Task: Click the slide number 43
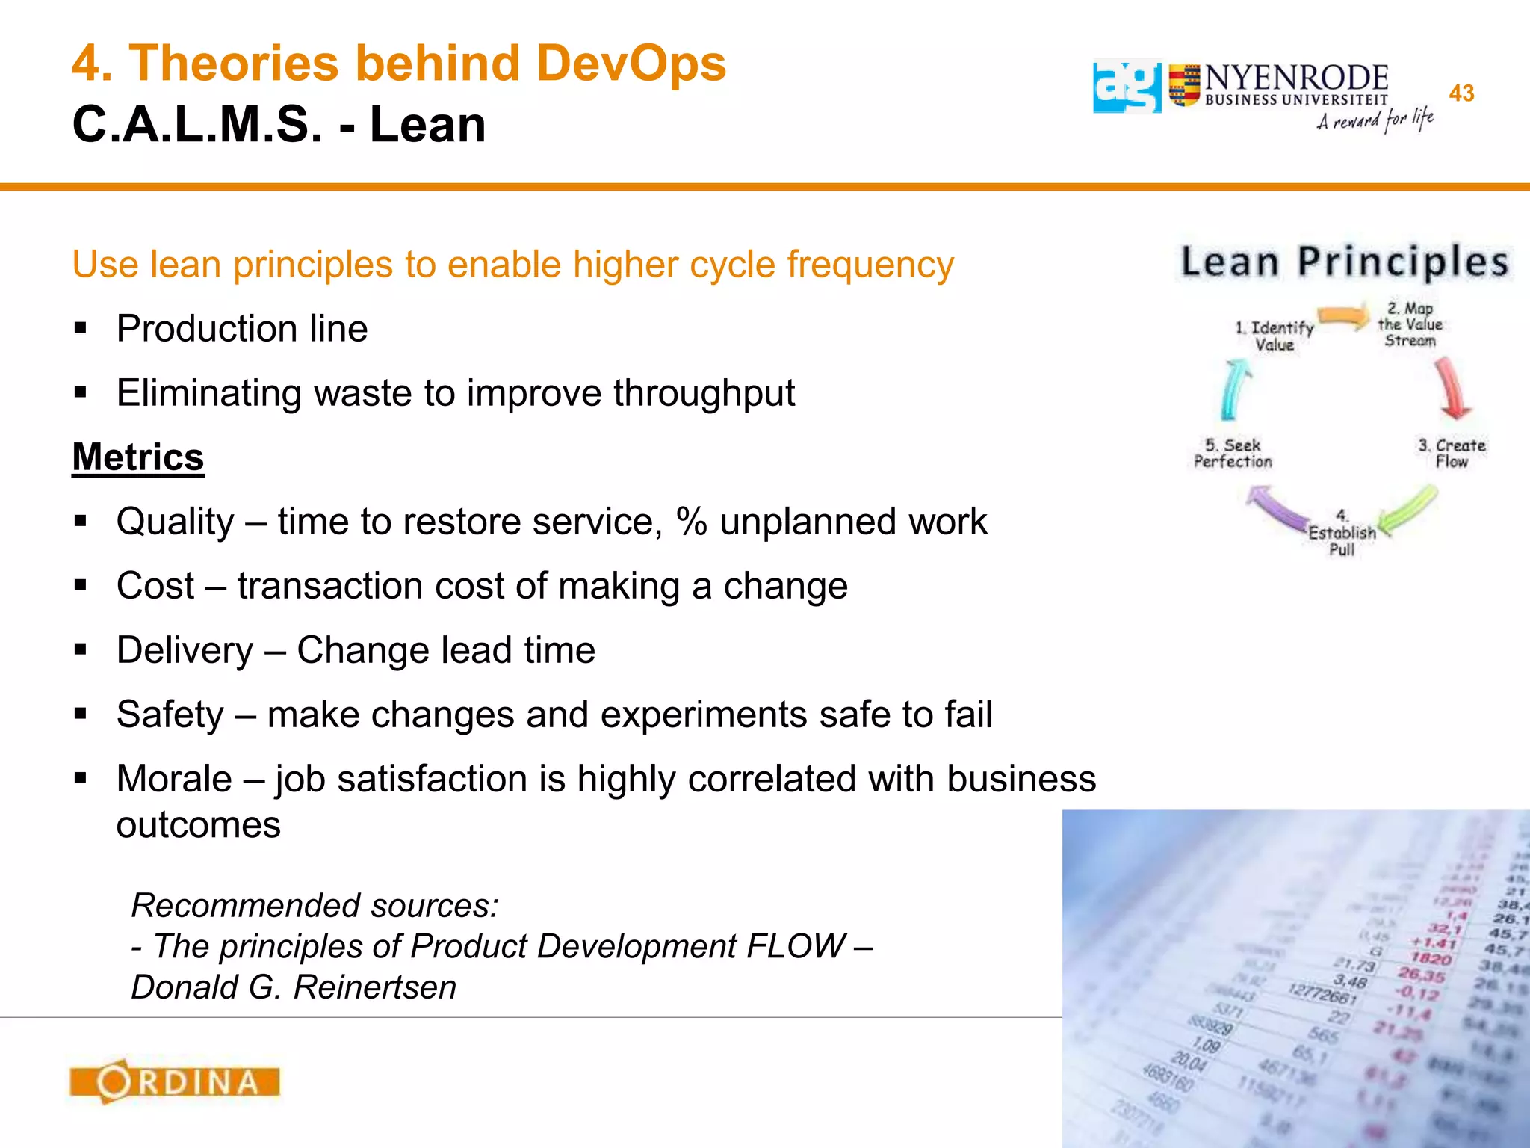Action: [x=1461, y=93]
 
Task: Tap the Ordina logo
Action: [x=175, y=1081]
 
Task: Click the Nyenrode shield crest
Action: [x=1184, y=86]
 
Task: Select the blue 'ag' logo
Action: [x=1127, y=87]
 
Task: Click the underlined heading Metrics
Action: [x=138, y=457]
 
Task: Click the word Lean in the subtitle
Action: [x=427, y=124]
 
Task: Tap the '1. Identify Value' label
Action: [x=1275, y=336]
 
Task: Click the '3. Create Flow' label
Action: [x=1452, y=454]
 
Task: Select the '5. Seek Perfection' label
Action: [x=1233, y=454]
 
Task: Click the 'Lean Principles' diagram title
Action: [x=1345, y=262]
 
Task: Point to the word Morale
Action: [x=174, y=779]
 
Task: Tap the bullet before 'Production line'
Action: [x=81, y=328]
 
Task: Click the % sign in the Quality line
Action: [x=692, y=522]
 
